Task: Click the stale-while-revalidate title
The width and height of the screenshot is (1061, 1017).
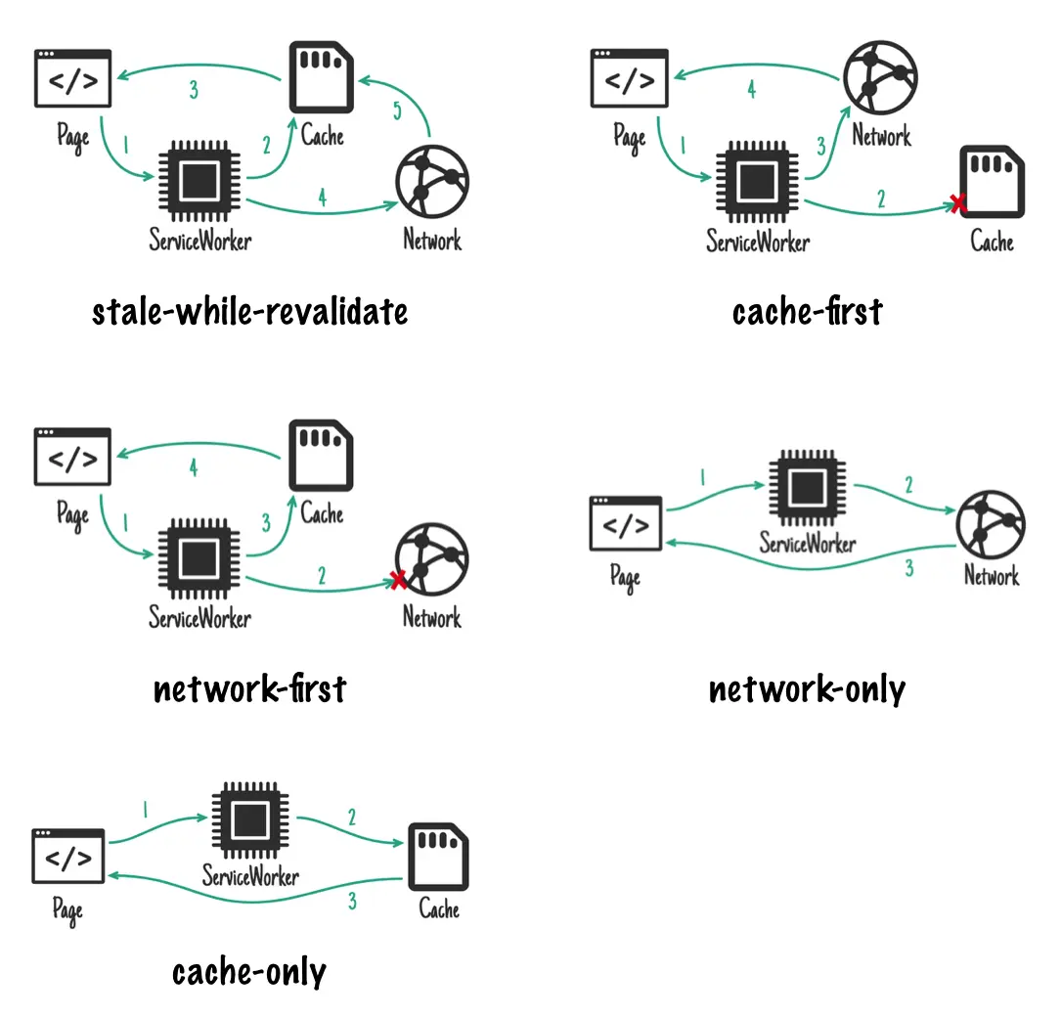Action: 249,312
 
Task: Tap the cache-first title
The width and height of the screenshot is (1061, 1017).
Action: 807,312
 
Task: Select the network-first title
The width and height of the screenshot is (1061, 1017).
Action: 249,689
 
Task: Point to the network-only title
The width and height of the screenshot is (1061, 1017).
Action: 807,689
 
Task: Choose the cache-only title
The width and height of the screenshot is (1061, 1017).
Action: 249,972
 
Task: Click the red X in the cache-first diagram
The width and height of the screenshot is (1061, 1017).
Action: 958,203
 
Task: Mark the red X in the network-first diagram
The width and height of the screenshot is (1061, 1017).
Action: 398,580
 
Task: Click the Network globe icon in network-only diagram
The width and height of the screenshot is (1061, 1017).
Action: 991,524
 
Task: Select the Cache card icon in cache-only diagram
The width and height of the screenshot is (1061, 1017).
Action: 439,856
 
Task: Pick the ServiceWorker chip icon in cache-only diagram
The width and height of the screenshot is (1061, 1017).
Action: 249,818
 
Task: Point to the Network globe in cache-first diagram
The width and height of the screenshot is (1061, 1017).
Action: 880,74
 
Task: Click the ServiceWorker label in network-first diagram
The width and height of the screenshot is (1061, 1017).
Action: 199,618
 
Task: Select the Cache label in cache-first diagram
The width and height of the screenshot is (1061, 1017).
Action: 992,241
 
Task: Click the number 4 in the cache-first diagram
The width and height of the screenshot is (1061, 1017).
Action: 751,89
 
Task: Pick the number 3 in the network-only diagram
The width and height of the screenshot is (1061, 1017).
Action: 909,568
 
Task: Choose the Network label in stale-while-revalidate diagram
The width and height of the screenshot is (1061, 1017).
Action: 432,240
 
